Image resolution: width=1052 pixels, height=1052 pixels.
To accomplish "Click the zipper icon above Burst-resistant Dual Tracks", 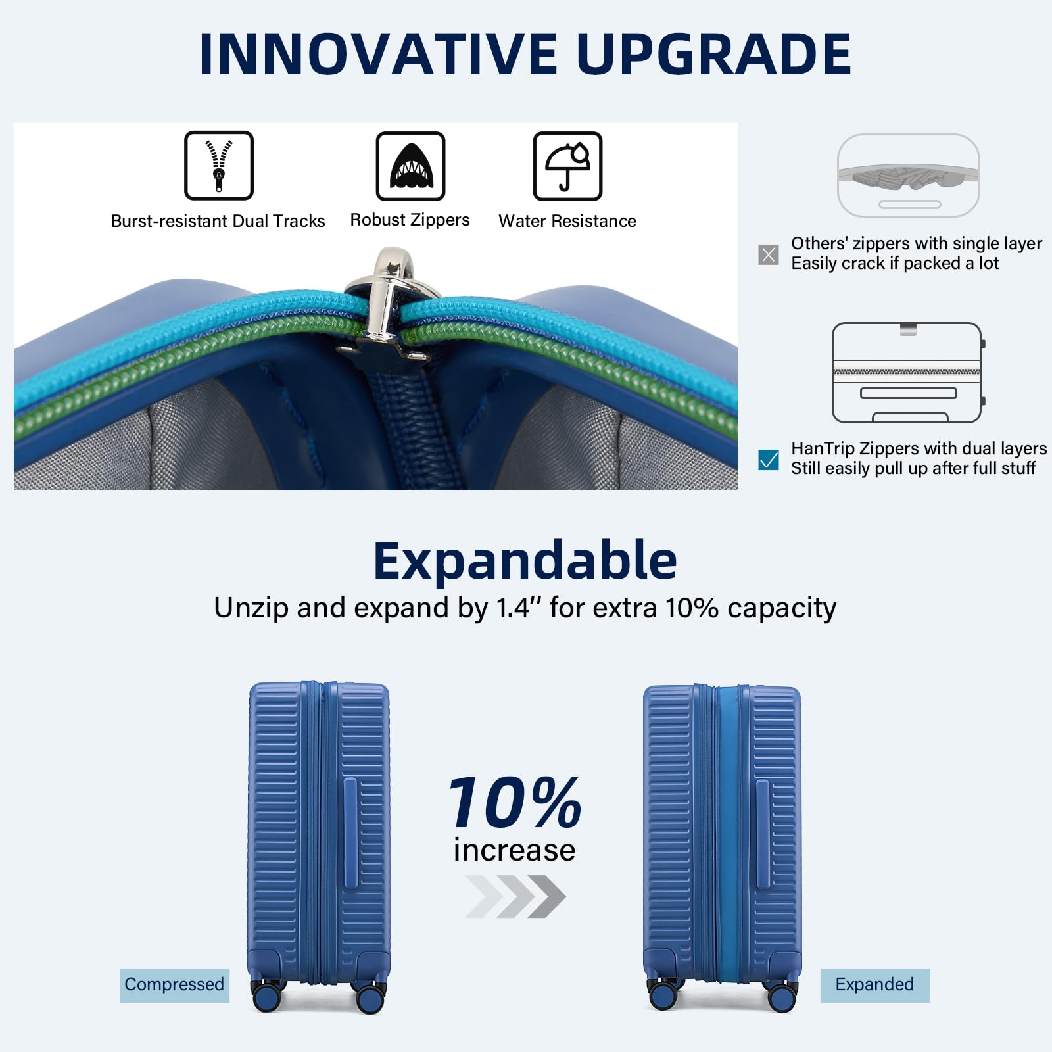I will tap(219, 165).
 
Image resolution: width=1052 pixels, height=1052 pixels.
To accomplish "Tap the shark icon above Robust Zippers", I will tap(410, 166).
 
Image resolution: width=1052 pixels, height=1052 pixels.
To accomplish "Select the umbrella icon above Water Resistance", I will tap(567, 166).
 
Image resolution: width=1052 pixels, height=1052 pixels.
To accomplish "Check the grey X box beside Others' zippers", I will tap(768, 254).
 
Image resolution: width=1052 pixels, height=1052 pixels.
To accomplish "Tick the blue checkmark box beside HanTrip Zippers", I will tap(768, 460).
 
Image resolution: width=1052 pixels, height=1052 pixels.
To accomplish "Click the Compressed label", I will tap(174, 985).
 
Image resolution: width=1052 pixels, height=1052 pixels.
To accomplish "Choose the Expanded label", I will tap(874, 985).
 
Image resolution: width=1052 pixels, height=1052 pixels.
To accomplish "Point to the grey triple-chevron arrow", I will tap(515, 896).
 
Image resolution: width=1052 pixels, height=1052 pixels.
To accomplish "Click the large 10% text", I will tap(515, 803).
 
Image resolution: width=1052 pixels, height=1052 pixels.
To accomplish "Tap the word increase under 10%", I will tap(515, 850).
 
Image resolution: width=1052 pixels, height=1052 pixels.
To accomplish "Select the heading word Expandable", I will tap(525, 561).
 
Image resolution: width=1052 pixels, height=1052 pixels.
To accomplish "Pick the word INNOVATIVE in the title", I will tap(379, 54).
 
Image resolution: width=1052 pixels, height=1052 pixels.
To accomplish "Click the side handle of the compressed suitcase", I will tap(350, 832).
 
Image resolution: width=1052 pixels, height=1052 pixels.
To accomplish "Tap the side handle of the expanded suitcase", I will tap(763, 834).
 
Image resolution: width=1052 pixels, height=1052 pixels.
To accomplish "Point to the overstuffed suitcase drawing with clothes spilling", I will tap(909, 176).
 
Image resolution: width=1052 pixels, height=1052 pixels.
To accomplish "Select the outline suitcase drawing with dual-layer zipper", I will tap(907, 373).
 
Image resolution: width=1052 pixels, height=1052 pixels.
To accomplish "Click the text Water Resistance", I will tap(567, 221).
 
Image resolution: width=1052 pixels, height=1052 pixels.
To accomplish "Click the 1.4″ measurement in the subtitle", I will tap(513, 608).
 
